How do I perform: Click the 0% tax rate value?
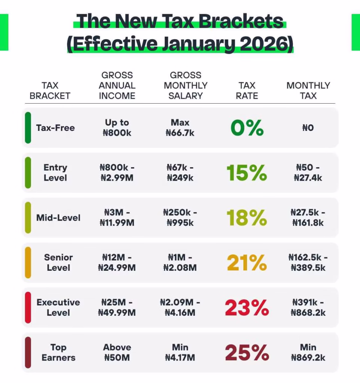pyautogui.click(x=247, y=128)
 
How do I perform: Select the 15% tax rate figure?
pyautogui.click(x=247, y=173)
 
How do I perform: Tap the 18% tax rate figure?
pyautogui.click(x=247, y=218)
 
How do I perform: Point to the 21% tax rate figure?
pyautogui.click(x=247, y=263)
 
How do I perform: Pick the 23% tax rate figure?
pyautogui.click(x=247, y=308)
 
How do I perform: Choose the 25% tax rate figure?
pyautogui.click(x=247, y=353)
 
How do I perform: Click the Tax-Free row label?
pyautogui.click(x=55, y=128)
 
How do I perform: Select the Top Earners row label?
pyautogui.click(x=58, y=353)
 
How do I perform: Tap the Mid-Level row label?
pyautogui.click(x=58, y=218)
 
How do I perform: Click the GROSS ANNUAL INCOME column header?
pyautogui.click(x=117, y=86)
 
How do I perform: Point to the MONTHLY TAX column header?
pyautogui.click(x=308, y=91)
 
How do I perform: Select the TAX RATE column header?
pyautogui.click(x=247, y=91)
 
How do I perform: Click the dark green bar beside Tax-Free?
pyautogui.click(x=28, y=128)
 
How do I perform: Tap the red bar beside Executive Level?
pyautogui.click(x=28, y=308)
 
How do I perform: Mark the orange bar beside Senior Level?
pyautogui.click(x=28, y=263)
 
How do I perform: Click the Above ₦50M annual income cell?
pyautogui.click(x=117, y=353)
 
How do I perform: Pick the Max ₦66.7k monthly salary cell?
pyautogui.click(x=180, y=128)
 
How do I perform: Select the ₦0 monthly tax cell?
pyautogui.click(x=308, y=128)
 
